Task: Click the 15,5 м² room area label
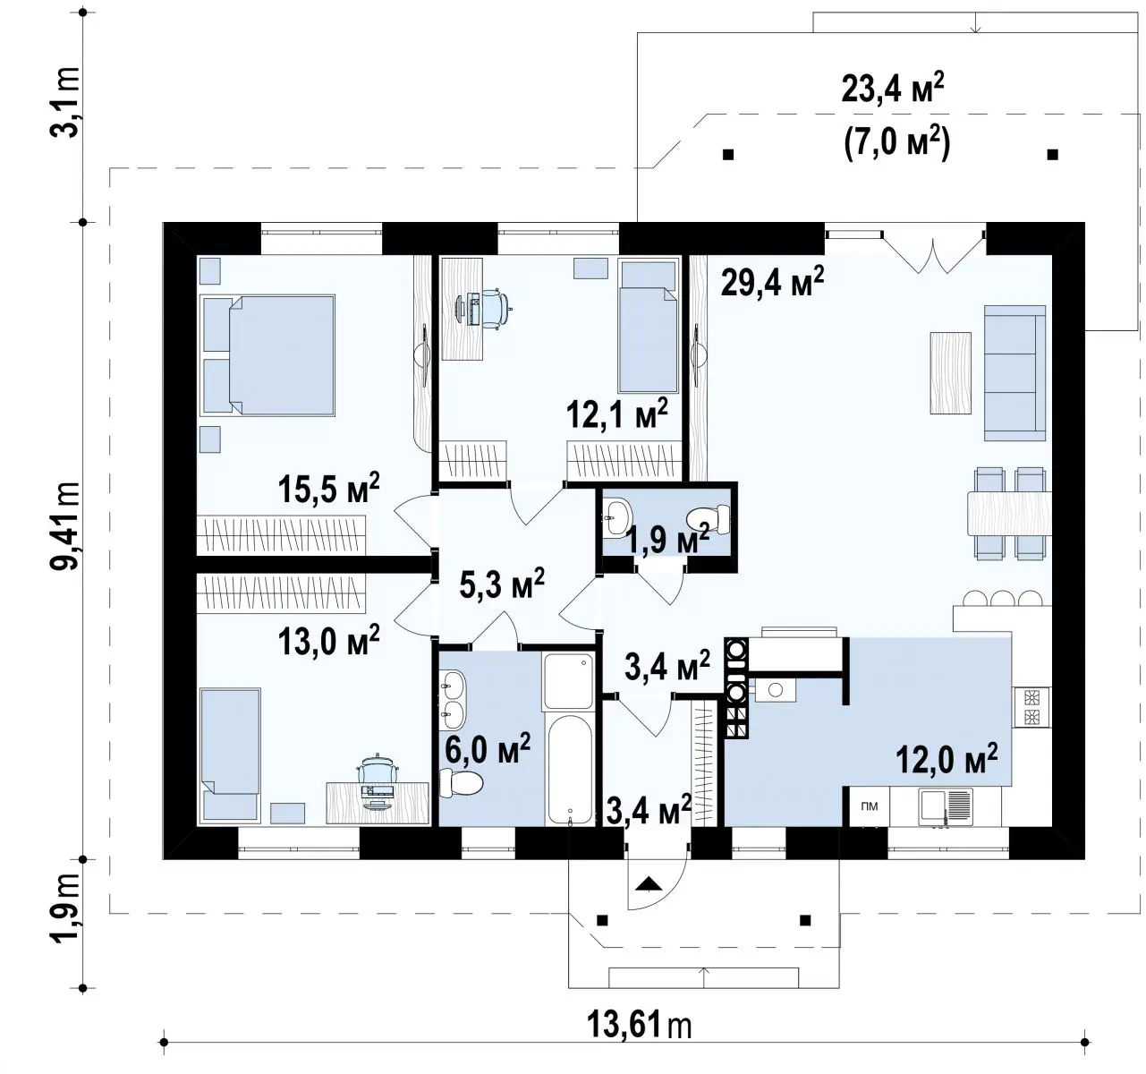click(328, 489)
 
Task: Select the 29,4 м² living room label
click(773, 281)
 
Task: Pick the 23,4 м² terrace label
click(893, 89)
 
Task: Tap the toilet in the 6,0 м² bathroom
click(461, 783)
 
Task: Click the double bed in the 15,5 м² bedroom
click(267, 355)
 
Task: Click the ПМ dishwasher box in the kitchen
click(870, 806)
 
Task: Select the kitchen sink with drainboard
click(946, 807)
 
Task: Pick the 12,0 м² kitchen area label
click(947, 759)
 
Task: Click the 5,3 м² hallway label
click(502, 584)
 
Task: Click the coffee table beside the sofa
click(950, 372)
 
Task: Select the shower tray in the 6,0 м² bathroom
click(568, 681)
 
